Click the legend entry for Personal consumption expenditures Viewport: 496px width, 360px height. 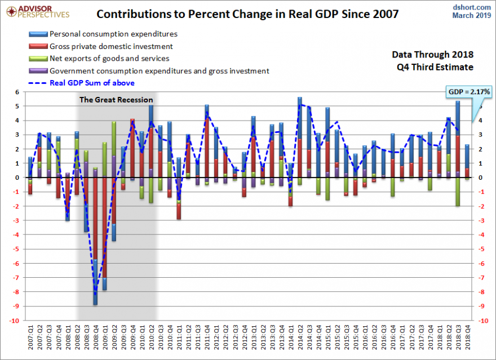[x=113, y=34]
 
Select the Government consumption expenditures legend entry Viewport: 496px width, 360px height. [x=159, y=70]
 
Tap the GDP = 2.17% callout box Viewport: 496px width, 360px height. [x=469, y=91]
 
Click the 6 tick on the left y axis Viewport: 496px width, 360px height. [x=17, y=92]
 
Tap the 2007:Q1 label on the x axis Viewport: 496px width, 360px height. [x=30, y=338]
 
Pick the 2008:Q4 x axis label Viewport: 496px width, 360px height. [x=95, y=338]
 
